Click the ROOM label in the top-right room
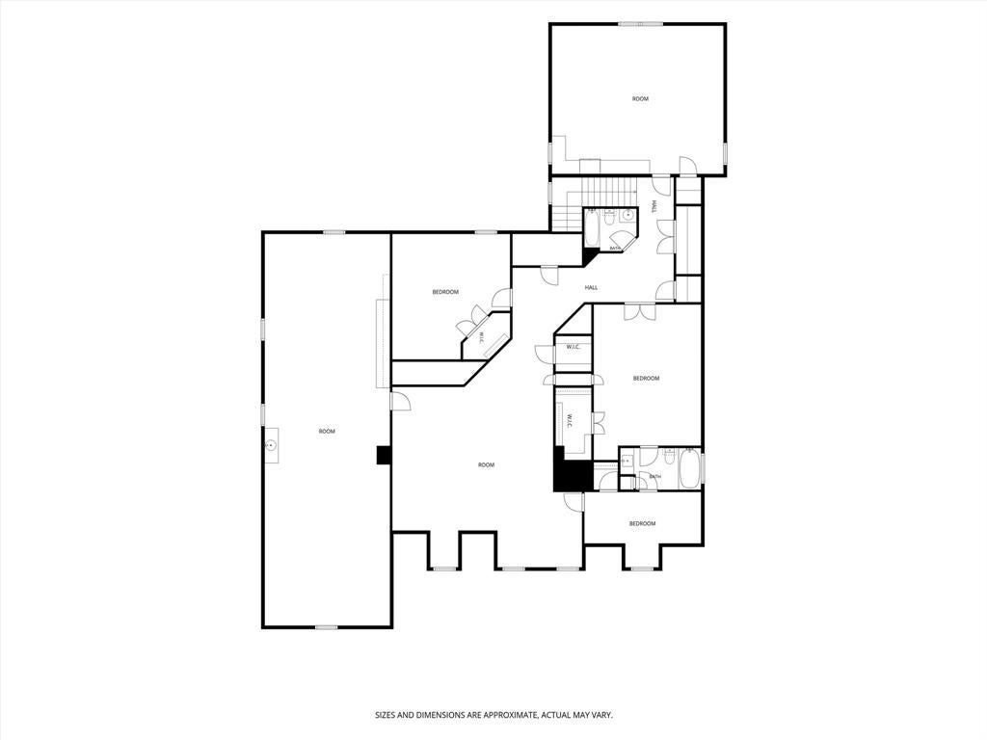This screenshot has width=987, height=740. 640,99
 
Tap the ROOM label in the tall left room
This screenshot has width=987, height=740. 327,431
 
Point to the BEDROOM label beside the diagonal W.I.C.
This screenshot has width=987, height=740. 445,292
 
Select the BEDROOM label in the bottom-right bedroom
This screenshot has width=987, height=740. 642,523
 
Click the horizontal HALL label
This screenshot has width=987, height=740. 591,287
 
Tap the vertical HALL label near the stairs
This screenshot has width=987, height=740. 654,206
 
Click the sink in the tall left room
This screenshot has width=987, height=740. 271,445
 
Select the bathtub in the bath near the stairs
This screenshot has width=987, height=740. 593,228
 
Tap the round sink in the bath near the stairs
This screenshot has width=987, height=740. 627,216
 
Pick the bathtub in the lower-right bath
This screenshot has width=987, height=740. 689,468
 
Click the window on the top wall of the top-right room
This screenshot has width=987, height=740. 641,24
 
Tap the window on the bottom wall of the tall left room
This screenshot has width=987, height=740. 326,626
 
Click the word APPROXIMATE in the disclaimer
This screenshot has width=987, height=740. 508,716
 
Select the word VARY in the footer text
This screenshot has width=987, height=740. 603,716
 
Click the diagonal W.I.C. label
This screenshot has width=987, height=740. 481,338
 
